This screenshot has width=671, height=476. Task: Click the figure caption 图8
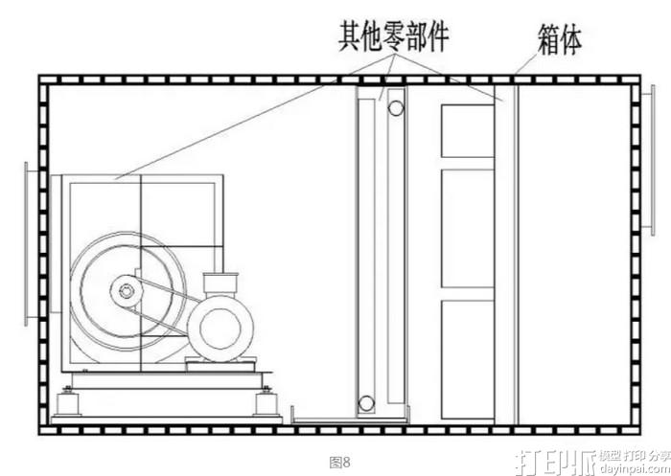point(339,462)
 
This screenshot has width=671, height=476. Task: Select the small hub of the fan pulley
point(125,288)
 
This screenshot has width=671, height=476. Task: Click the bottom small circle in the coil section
point(366,403)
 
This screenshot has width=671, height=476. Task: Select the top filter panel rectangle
point(467,130)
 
